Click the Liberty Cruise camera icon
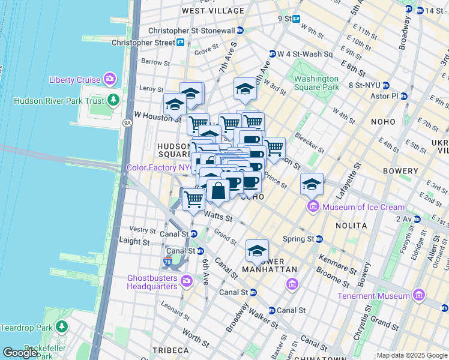click(109, 79)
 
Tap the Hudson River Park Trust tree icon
click(112, 100)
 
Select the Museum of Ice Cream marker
click(313, 208)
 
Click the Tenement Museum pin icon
click(418, 295)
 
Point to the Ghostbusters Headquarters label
click(152, 281)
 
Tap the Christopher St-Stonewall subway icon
click(240, 31)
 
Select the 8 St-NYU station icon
click(386, 85)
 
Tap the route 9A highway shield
click(127, 123)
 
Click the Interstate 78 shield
click(167, 262)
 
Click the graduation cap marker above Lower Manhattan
click(257, 251)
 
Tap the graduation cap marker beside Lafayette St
click(312, 184)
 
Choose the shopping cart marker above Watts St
click(193, 199)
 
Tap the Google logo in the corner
click(19, 353)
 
